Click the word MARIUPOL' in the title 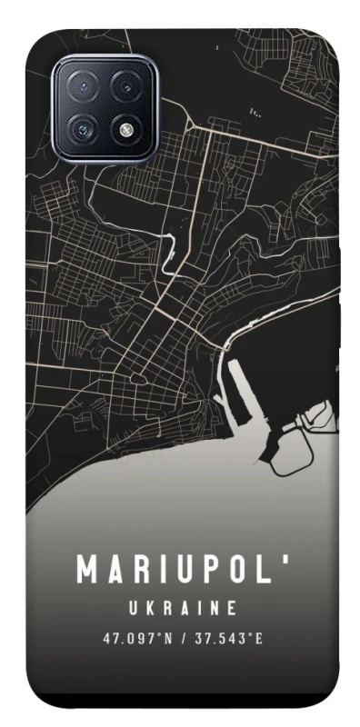tap(181, 570)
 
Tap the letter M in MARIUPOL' tap(86, 570)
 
